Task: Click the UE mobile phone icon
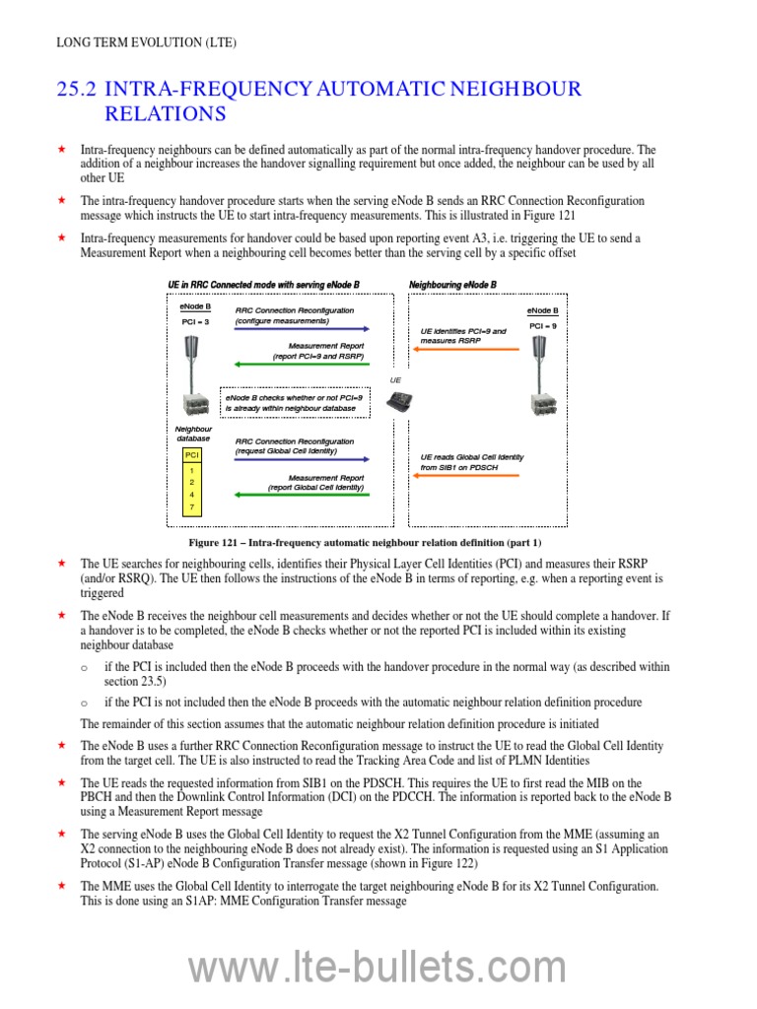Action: click(399, 400)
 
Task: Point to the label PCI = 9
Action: click(542, 326)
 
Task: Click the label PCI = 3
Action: click(195, 321)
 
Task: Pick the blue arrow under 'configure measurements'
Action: click(302, 329)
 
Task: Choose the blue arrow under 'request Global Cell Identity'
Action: click(302, 458)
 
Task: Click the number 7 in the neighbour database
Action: click(192, 506)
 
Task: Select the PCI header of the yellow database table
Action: click(192, 454)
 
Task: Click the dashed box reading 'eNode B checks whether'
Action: click(294, 401)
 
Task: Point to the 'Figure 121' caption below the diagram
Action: click(365, 543)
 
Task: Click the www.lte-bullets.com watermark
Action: click(378, 970)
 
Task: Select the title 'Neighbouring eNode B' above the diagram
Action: click(452, 285)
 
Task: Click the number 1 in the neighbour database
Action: click(192, 470)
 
